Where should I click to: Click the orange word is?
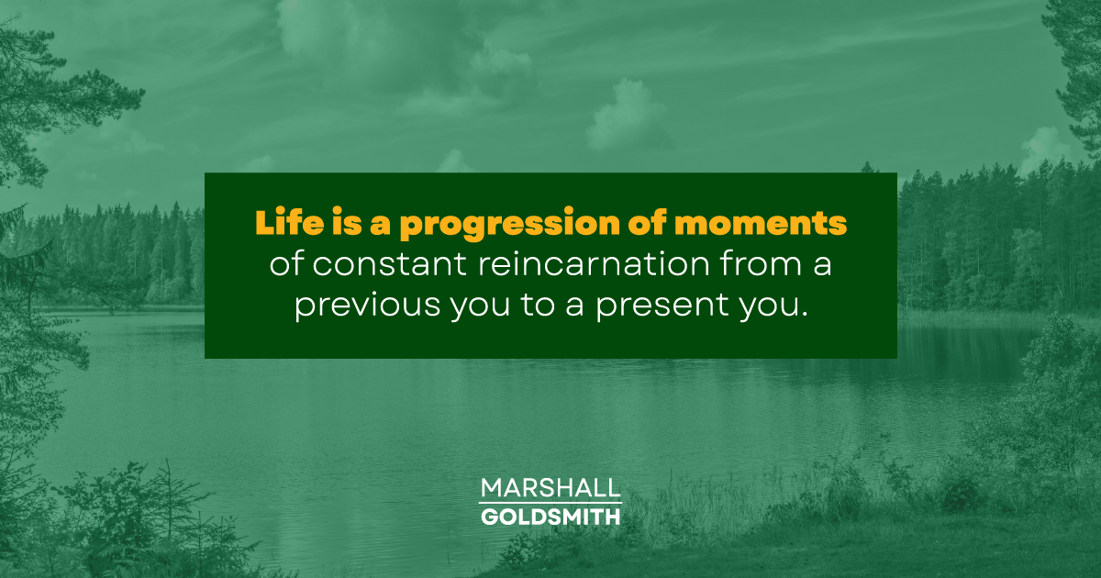336,223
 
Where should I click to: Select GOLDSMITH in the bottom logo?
550,517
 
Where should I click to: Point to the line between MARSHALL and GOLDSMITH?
550,503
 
